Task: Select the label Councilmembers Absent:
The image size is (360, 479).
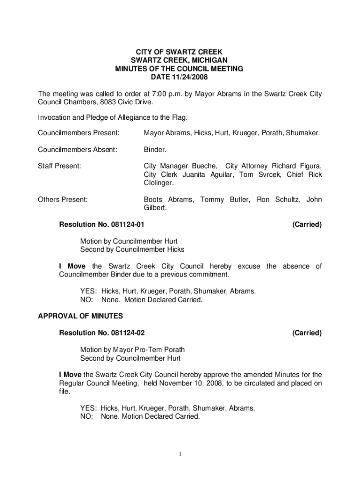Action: click(77, 150)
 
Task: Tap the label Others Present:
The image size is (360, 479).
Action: click(63, 200)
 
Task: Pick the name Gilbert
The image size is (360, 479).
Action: click(155, 208)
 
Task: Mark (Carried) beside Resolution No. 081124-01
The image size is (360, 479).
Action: click(307, 225)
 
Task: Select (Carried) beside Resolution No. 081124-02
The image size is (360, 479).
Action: click(307, 333)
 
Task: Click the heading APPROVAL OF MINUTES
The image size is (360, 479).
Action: click(80, 316)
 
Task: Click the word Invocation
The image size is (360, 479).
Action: click(55, 117)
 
